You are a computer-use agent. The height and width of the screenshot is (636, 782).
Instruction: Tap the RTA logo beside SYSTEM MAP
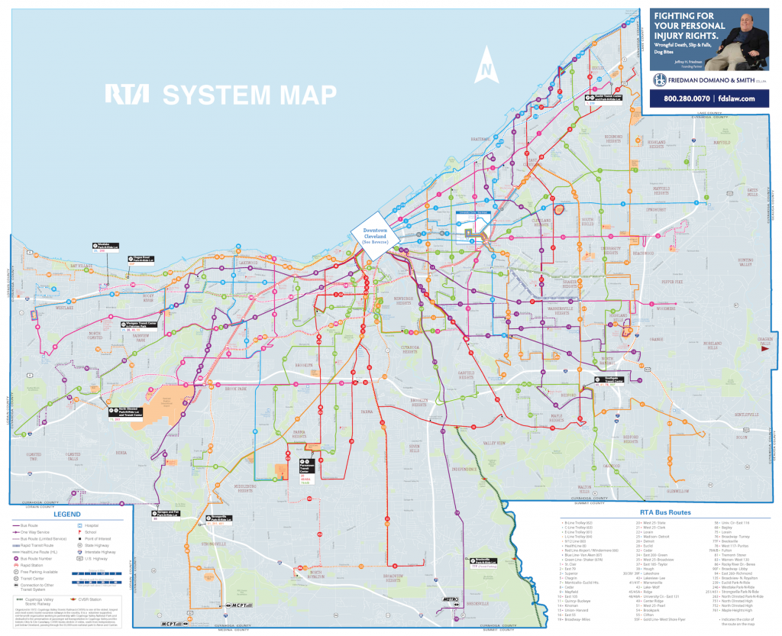[x=122, y=94]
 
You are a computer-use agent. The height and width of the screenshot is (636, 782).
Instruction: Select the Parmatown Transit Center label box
[x=305, y=468]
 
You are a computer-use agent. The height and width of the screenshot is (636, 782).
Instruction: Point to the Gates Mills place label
[x=754, y=191]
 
